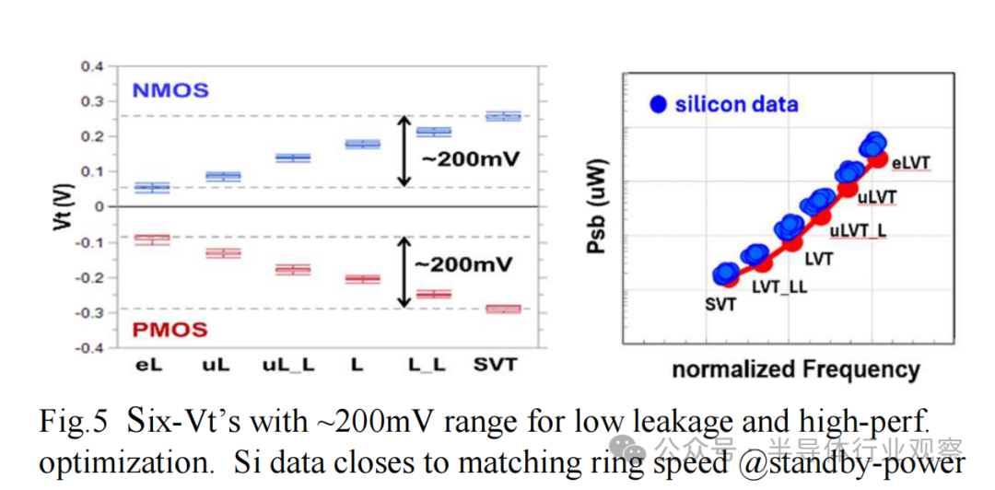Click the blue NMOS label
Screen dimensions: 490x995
click(x=170, y=90)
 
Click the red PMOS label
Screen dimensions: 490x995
click(x=170, y=329)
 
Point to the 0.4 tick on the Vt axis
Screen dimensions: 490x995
click(x=91, y=66)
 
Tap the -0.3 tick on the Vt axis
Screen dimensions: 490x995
click(x=89, y=313)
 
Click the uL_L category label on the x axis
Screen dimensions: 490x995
click(x=288, y=366)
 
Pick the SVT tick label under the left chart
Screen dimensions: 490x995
click(x=494, y=365)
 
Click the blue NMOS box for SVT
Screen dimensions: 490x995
click(x=503, y=116)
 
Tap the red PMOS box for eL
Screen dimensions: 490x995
click(x=152, y=239)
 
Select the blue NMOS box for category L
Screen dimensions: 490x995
click(x=362, y=145)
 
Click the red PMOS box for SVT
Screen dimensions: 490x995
click(x=503, y=309)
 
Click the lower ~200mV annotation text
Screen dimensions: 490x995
click(x=462, y=264)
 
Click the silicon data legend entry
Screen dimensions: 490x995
click(x=724, y=104)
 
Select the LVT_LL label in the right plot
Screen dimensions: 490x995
click(x=779, y=286)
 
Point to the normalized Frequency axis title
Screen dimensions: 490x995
click(x=795, y=370)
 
